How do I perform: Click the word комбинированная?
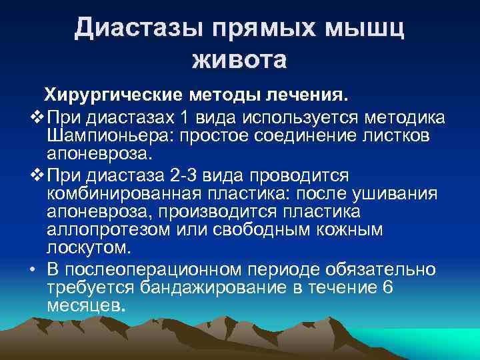116,193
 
